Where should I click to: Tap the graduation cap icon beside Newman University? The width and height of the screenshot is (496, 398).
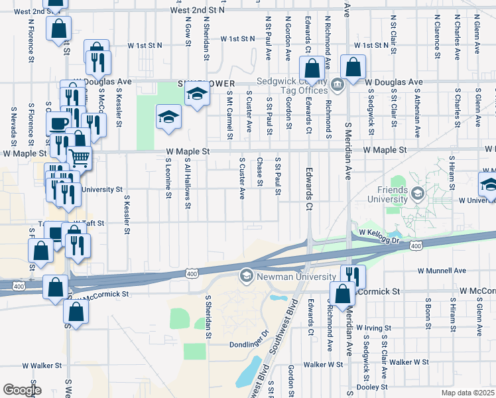coord(247,275)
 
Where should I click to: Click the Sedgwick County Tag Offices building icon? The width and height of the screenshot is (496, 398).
coord(337,84)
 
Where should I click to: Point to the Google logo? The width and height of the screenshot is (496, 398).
coord(21,390)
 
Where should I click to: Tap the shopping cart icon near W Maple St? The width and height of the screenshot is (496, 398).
coord(80,157)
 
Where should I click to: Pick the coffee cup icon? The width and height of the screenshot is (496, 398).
coord(58,123)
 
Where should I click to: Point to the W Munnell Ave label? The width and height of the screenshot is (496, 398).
coord(442,271)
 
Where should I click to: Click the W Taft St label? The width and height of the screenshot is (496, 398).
coord(89,224)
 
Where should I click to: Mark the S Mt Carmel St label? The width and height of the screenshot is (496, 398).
coord(229,115)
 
